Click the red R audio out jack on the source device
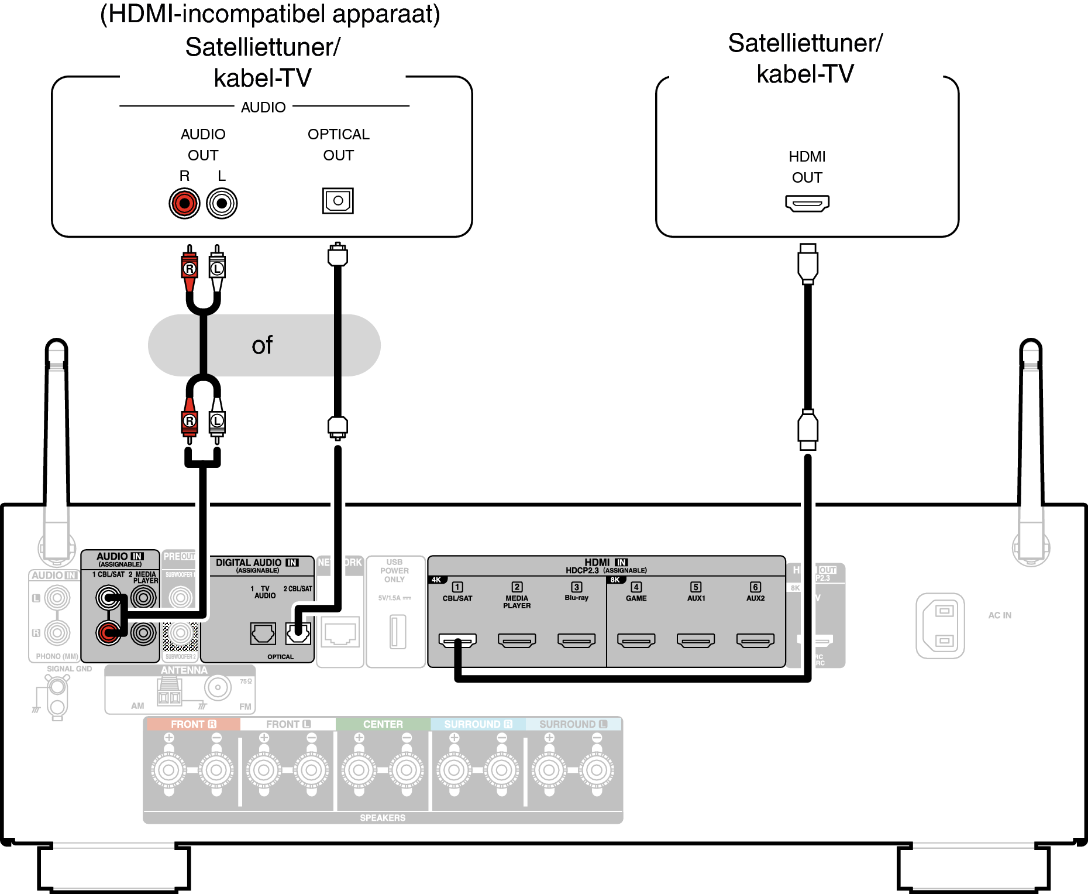pos(184,204)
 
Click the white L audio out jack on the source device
pos(222,204)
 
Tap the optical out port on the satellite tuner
pos(338,201)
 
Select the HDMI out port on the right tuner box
pos(807,204)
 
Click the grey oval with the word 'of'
pos(264,345)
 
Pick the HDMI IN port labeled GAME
pos(636,641)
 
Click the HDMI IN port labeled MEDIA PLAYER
pos(517,641)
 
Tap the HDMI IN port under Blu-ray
pos(577,641)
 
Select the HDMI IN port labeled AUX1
pos(696,641)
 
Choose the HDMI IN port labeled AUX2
pos(755,641)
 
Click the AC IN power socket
pos(940,626)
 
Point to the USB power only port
pos(398,632)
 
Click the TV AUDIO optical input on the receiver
pos(263,633)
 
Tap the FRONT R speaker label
pos(192,724)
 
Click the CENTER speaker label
pos(383,724)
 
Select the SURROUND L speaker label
pos(573,724)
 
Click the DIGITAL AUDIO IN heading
pos(257,563)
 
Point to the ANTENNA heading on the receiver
pos(184,670)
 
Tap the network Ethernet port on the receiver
pos(340,633)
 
